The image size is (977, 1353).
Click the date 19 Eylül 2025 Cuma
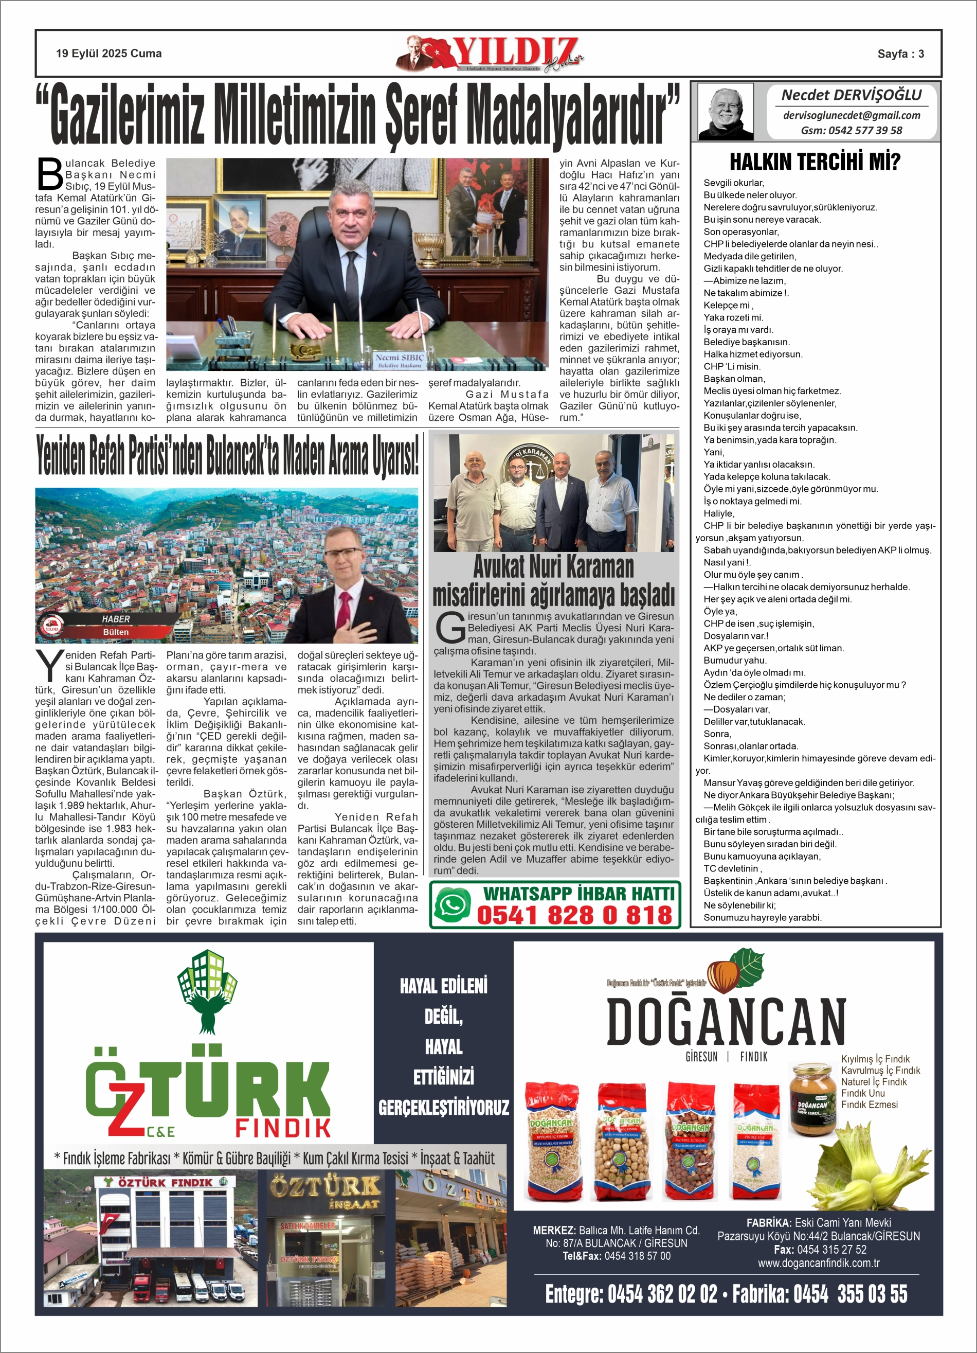[108, 54]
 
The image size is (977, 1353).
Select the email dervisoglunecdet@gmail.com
[851, 115]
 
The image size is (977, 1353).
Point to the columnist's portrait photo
[725, 112]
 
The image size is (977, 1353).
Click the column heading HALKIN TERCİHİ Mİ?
[815, 162]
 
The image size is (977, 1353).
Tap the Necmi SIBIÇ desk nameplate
[399, 360]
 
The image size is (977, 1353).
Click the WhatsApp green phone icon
[453, 904]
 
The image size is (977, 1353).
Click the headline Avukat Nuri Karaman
[553, 566]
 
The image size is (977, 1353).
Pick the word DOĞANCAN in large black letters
[726, 1023]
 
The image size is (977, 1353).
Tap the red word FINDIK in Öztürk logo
[283, 1128]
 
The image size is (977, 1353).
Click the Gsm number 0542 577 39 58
[851, 131]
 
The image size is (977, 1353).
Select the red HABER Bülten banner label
[113, 625]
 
